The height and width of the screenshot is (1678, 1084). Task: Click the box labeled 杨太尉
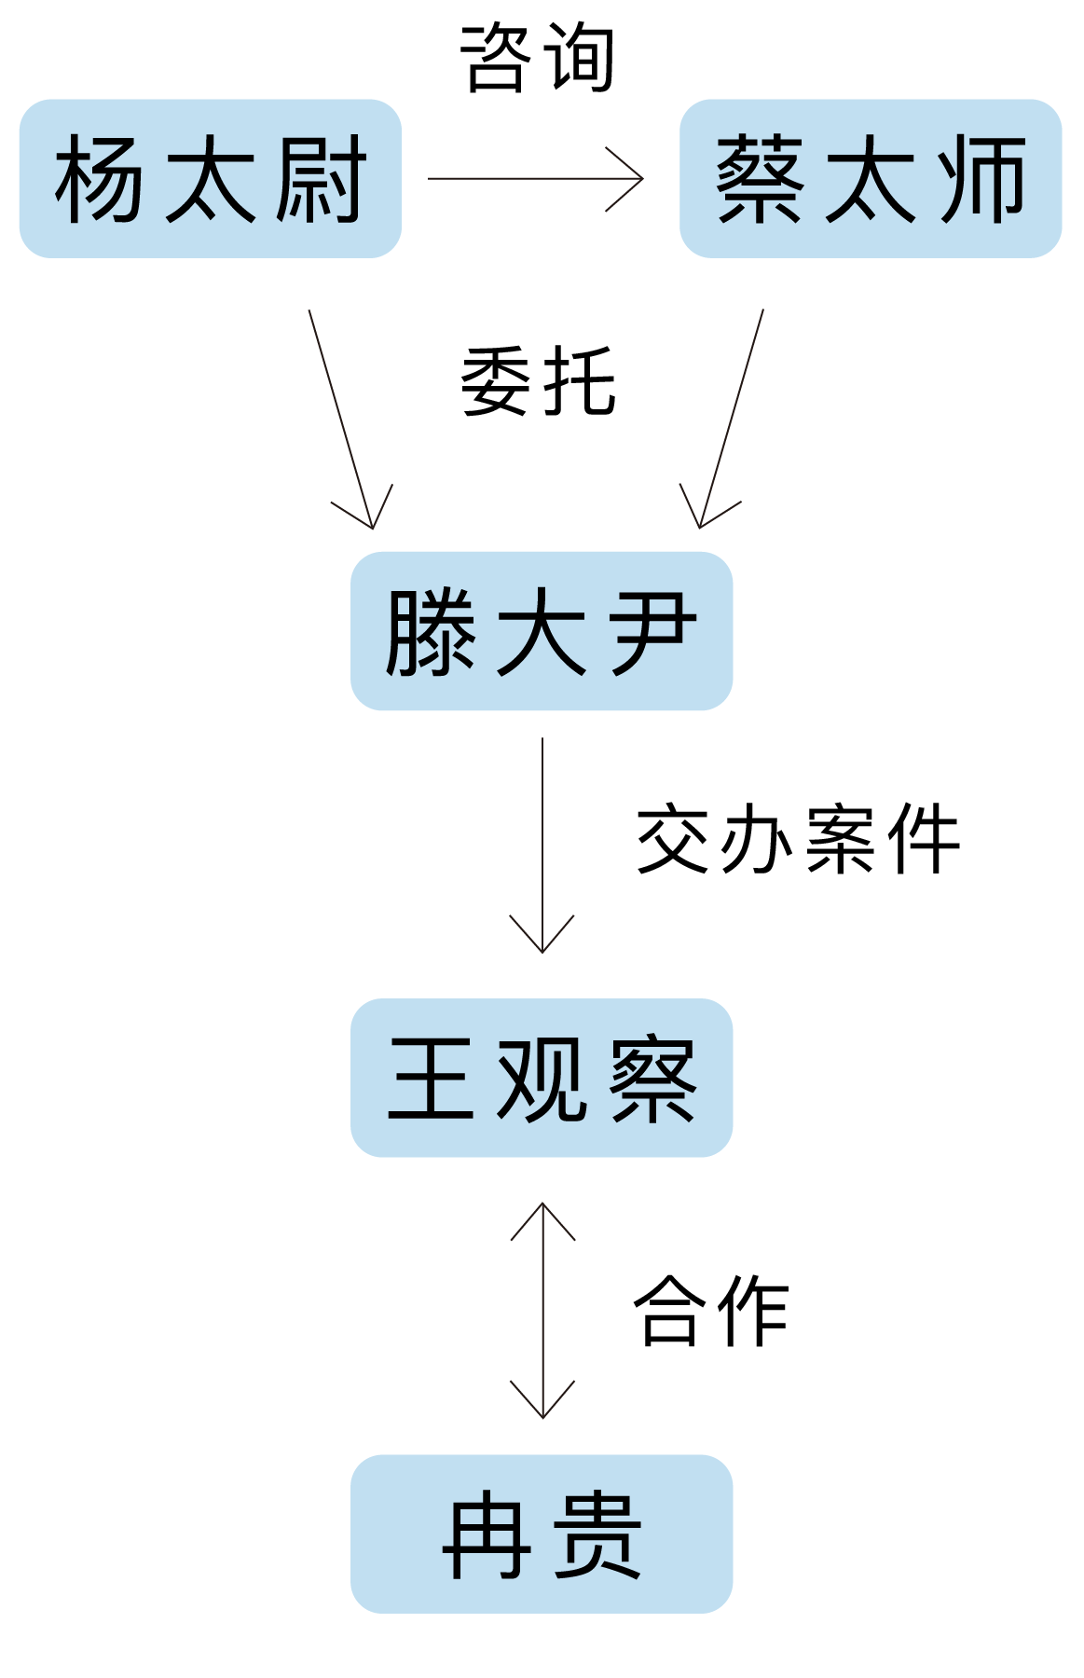[210, 178]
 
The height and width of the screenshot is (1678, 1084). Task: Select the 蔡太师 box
[871, 178]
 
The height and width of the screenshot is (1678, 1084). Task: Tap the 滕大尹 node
[541, 631]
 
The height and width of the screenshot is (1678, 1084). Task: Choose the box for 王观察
[541, 1078]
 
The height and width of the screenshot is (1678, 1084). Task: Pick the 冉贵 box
[541, 1534]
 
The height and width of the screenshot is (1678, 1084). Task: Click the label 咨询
[538, 58]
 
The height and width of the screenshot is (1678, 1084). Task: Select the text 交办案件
[798, 839]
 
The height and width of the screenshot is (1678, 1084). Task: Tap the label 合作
[711, 1310]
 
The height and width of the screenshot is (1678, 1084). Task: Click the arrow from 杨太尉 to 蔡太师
[535, 178]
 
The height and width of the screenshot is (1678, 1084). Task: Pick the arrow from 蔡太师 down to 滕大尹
[732, 419]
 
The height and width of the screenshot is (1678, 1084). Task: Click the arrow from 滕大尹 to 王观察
[542, 844]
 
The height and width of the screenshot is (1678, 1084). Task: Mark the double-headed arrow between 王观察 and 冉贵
[542, 1310]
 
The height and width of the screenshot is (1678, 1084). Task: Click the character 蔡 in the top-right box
[760, 178]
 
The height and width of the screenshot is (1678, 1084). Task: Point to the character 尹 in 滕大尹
[653, 631]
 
